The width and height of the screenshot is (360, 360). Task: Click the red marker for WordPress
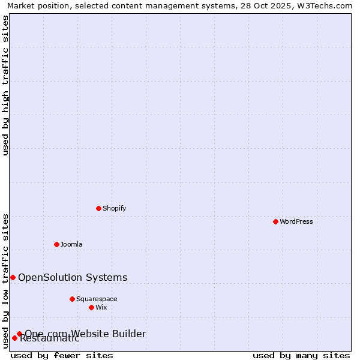(275, 221)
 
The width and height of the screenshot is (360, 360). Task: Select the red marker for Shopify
(98, 208)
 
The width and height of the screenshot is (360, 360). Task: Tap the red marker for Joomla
(56, 244)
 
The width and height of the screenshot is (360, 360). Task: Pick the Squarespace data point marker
(72, 299)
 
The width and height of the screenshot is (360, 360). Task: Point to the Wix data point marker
(91, 307)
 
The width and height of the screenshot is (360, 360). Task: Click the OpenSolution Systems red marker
(13, 277)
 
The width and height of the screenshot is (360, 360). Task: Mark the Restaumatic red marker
(14, 338)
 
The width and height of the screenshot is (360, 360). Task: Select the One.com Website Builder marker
(19, 334)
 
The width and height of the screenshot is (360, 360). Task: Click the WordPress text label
(296, 221)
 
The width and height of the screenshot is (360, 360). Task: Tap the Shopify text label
(114, 208)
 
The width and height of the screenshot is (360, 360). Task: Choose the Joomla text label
(71, 244)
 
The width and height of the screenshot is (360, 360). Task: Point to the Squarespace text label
(97, 299)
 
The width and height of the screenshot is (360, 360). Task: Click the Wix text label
(101, 307)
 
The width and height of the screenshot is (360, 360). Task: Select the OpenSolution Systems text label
(73, 277)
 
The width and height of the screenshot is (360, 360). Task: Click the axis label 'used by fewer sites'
(62, 355)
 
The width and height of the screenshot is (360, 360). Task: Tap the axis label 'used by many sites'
(301, 355)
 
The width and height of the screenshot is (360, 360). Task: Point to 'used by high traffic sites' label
(5, 85)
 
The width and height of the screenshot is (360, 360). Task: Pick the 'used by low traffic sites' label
(5, 281)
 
